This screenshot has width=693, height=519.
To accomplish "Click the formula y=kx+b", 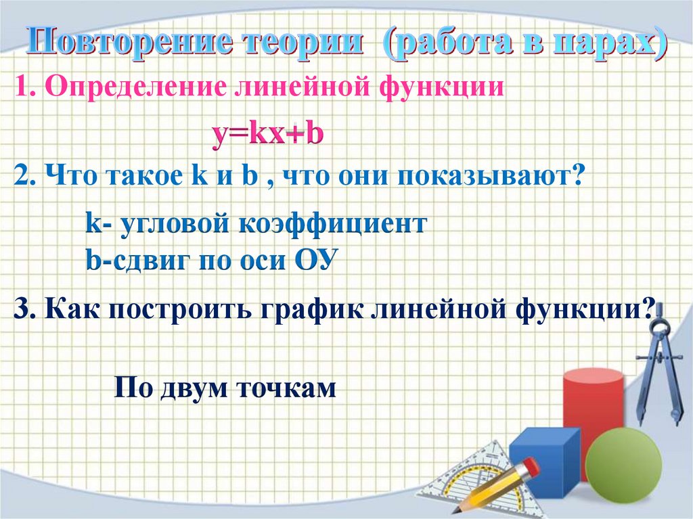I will tap(267, 135).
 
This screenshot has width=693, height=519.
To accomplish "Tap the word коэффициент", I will tap(332, 225).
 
